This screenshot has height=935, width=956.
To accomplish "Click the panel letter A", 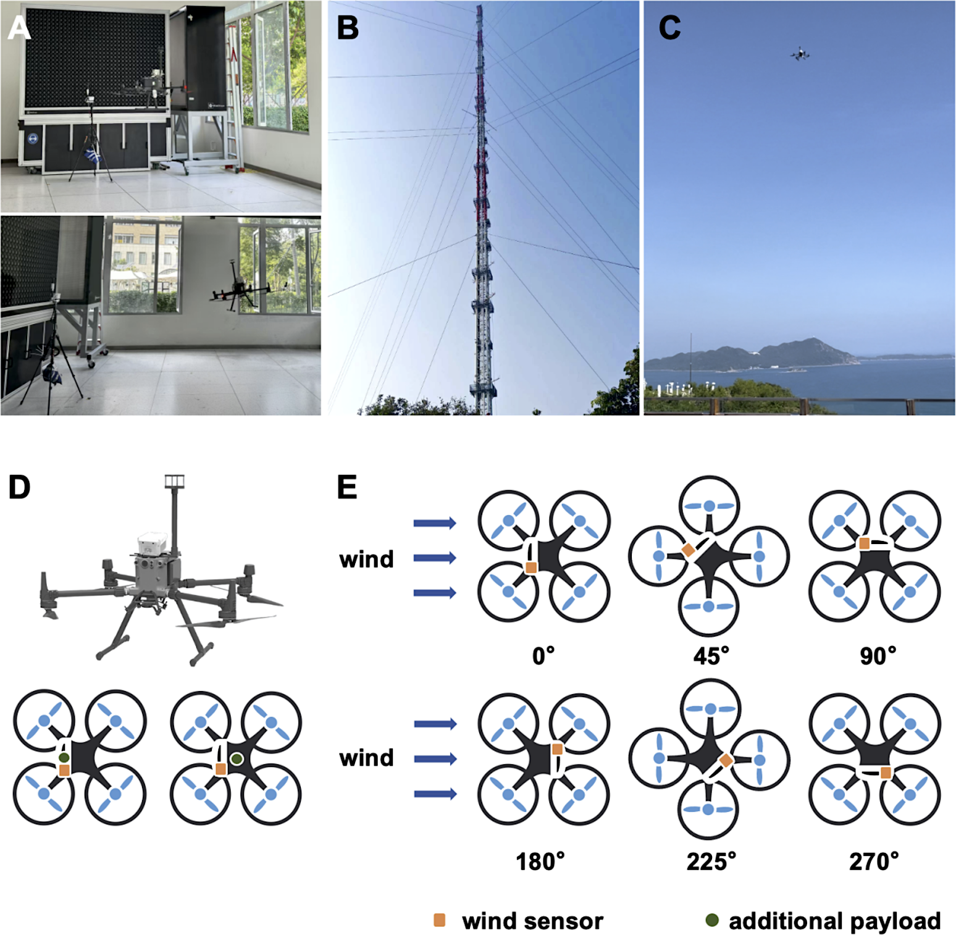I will pos(19,28).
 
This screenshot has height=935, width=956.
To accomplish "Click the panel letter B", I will pos(348,28).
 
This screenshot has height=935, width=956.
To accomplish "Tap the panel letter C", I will pos(670,28).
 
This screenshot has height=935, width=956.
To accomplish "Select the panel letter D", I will pos(19,487).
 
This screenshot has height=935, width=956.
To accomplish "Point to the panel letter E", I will pos(347,487).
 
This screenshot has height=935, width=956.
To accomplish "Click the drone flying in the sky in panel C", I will pos(800,54).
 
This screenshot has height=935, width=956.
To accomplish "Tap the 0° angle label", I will pos(543,655).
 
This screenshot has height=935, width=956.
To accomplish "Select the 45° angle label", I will pos(711,655).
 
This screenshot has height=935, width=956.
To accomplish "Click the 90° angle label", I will pos(878,655).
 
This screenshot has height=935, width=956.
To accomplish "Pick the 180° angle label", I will pos(540,861).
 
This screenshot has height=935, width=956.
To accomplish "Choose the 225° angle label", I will pos(711,861).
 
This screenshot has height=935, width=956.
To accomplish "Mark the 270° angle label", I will pos(874,861).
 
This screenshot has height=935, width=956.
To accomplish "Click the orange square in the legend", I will pos(440,920).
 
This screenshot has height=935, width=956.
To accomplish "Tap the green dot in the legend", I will pos(712,920).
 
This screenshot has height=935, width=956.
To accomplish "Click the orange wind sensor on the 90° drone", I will pos(865,543).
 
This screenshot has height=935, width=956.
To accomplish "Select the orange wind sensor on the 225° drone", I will pos(726,761).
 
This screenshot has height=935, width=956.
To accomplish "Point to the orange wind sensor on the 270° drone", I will pos(886,773).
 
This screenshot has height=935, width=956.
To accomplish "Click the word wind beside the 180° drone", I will pos(366,758).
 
